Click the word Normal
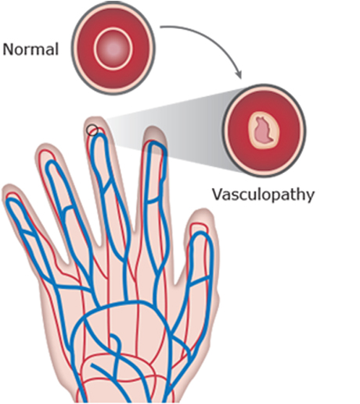point(31,49)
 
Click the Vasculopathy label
point(263,195)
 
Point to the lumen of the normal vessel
point(113,49)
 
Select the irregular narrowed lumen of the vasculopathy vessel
point(264,131)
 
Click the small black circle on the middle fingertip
point(92,130)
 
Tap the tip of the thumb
point(201,210)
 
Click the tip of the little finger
point(10,186)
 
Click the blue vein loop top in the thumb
point(200,233)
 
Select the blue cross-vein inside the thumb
point(199,281)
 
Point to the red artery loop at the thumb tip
point(199,224)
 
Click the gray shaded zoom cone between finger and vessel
point(182,131)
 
